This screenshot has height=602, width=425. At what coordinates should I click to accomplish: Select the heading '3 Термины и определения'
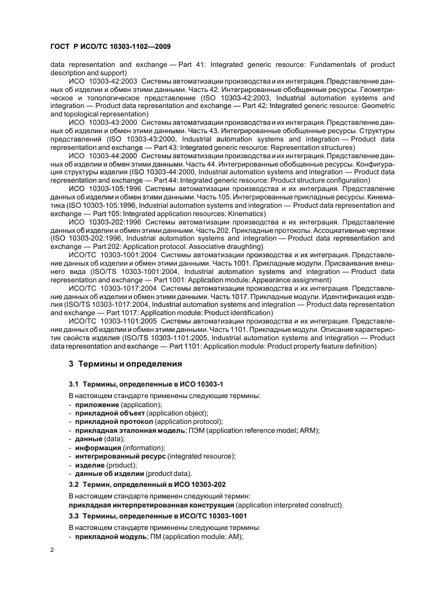click(125, 364)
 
